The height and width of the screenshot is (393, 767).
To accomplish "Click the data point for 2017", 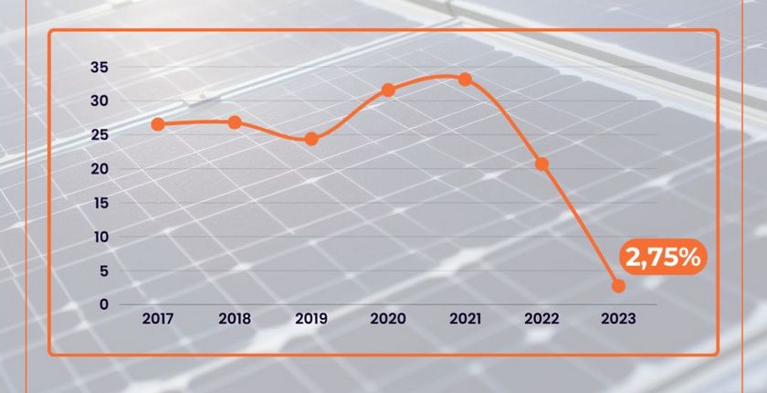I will point(158,124).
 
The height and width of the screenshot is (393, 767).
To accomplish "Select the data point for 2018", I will point(235,122).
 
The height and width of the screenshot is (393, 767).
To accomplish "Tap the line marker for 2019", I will point(311,139).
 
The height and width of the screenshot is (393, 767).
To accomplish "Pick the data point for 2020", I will point(388,90).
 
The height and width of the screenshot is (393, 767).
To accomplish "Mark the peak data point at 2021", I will point(465,80).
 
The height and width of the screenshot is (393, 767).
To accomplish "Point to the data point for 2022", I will point(541,164).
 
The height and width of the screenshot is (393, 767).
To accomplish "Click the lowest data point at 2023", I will point(618,286).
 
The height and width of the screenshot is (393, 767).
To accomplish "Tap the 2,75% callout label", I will point(663,258).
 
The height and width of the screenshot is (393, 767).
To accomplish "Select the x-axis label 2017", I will point(158,320).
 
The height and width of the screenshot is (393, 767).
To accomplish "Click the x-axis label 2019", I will point(311,320).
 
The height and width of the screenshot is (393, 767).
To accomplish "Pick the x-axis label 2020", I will point(388,320).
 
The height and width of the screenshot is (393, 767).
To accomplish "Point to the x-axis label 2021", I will point(465,320).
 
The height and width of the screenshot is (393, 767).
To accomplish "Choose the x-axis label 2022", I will point(541,320).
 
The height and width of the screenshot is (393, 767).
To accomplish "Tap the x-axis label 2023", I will point(618,320).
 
